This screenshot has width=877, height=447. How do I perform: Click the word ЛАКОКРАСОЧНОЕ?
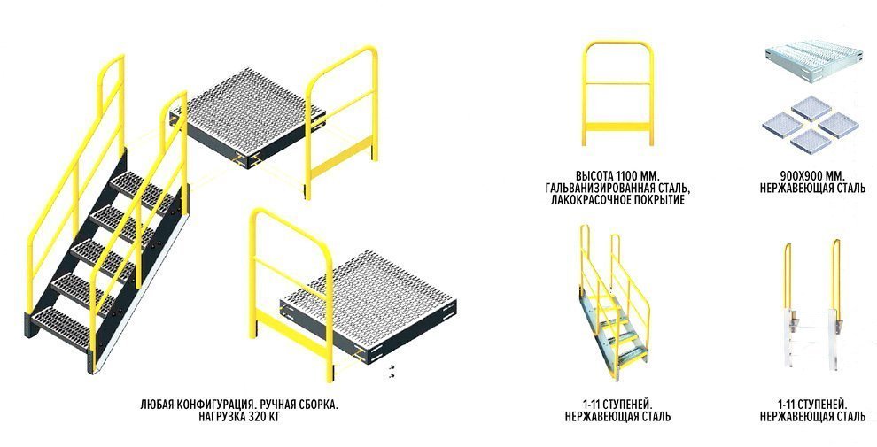[588, 199]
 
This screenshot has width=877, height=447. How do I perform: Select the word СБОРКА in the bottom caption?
[318, 405]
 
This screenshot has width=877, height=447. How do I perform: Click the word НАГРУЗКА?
[217, 416]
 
